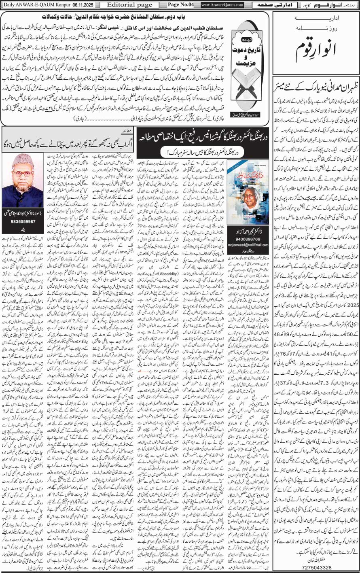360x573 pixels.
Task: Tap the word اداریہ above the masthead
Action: (x=316, y=19)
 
